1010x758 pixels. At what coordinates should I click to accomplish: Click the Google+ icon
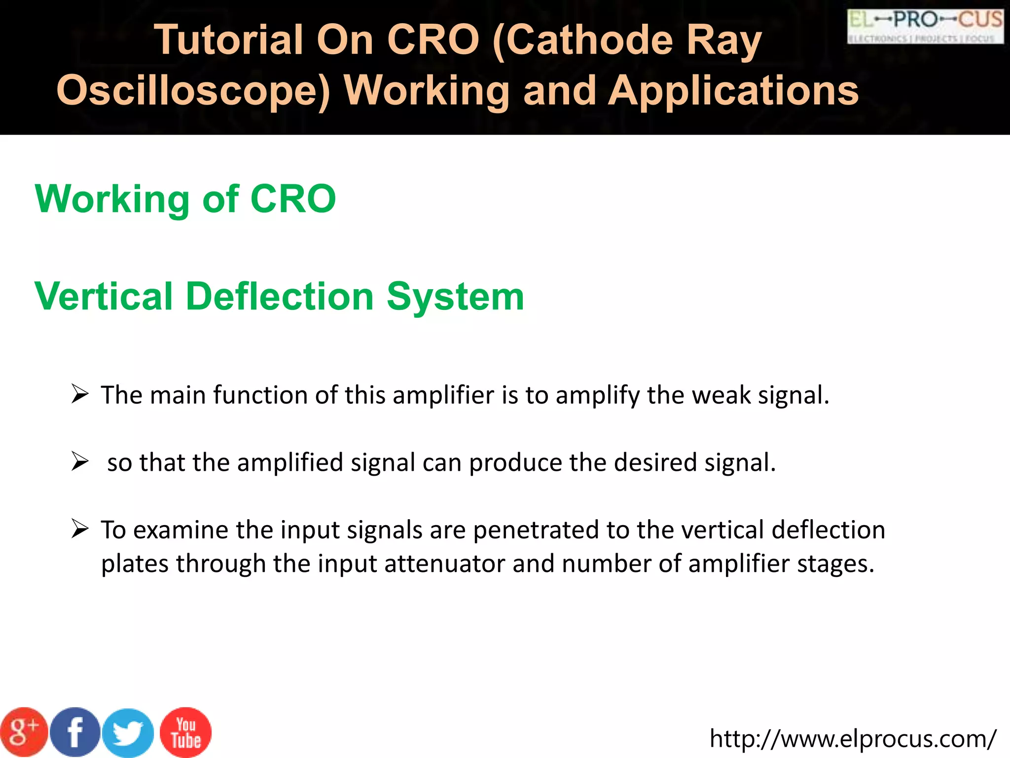click(24, 732)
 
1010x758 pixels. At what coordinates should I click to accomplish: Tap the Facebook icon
click(75, 732)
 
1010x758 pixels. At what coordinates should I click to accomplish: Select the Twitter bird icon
click(128, 733)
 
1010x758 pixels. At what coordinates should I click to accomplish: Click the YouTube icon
click(186, 732)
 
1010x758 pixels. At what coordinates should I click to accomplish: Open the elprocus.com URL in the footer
click(853, 739)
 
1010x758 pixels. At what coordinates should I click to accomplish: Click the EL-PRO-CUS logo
click(925, 26)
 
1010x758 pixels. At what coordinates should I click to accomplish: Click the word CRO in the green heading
click(293, 199)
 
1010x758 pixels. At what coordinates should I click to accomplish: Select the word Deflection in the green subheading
click(280, 297)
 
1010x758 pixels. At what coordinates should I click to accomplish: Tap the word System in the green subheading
click(455, 297)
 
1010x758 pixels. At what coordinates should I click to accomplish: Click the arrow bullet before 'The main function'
click(80, 394)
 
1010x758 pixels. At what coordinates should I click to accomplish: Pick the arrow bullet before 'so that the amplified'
click(80, 461)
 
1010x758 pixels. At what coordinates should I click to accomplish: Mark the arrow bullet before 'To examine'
click(80, 529)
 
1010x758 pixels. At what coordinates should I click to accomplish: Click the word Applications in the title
click(733, 91)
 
